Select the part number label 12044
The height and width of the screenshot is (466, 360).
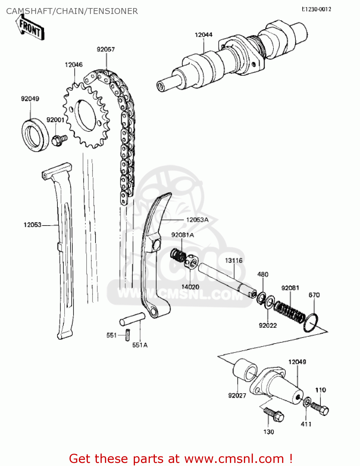point(203,35)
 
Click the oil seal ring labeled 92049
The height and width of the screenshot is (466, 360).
point(35,135)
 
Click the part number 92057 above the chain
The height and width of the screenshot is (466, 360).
point(106,49)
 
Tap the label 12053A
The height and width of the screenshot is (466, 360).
point(197,220)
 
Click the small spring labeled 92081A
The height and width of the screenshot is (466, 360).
point(178,255)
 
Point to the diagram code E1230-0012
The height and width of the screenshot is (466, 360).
point(316,9)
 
